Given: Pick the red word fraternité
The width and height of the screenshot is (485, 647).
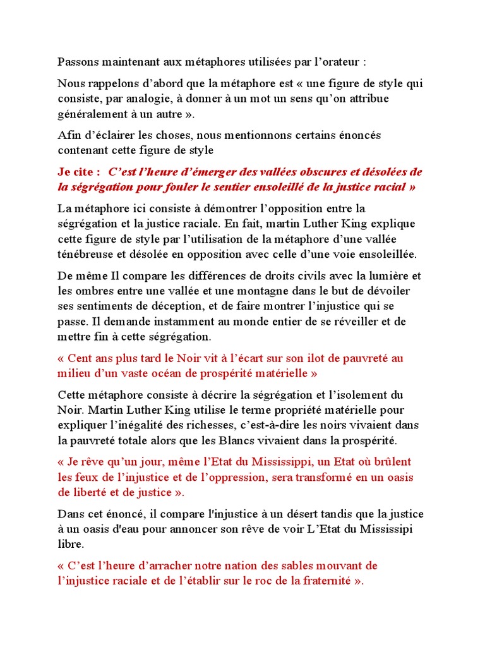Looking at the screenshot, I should [321, 581].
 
